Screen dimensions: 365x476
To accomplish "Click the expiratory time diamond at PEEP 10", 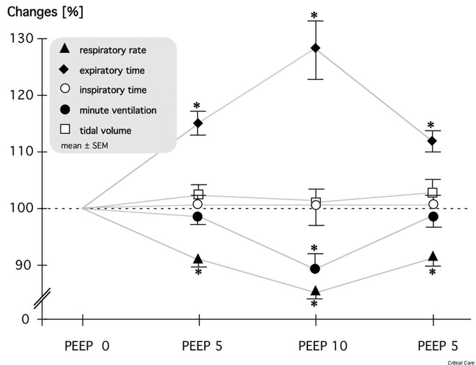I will [315, 48].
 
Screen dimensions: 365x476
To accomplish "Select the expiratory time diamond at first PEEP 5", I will [198, 123].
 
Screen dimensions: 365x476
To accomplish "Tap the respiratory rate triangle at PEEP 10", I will [315, 291].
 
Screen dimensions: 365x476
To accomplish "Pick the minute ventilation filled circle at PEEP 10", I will [315, 269].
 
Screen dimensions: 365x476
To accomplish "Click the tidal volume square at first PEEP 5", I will [198, 194].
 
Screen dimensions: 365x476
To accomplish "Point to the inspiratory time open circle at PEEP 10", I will [315, 205].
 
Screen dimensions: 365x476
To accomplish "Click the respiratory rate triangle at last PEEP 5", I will [432, 257].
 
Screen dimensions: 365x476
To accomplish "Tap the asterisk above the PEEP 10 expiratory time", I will [314, 16].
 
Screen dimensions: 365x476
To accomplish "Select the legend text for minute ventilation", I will [118, 111].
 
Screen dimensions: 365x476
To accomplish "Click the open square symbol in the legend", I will [66, 130].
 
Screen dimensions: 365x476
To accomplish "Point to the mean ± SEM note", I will [84, 146].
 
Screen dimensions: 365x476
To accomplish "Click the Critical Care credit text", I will [460, 362].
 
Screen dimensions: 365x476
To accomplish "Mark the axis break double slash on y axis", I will [42, 298].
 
